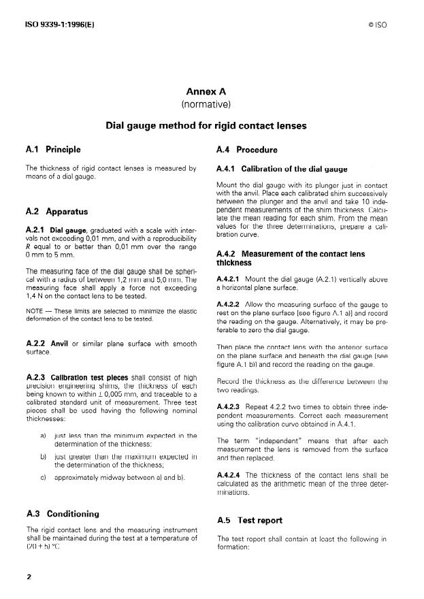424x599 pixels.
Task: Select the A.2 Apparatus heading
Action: (56, 212)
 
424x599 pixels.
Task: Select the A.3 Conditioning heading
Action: (62, 514)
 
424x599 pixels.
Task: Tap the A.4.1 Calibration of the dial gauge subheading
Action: (282, 169)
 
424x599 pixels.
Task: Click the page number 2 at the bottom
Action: (29, 577)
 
